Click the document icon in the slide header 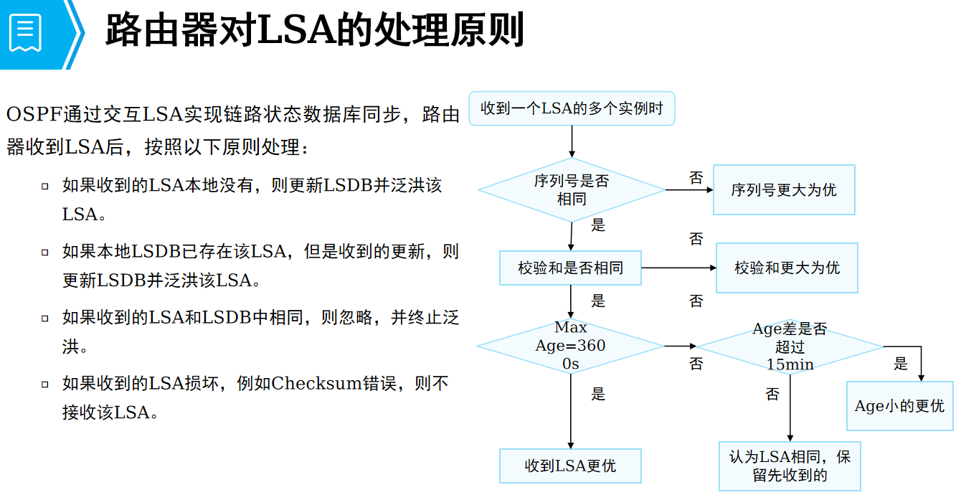point(26,32)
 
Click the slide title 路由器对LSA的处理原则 point(314,31)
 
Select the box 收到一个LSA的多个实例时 point(572,109)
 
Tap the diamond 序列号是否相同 point(572,190)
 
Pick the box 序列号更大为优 point(784,190)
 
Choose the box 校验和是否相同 point(570,268)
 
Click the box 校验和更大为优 point(787,268)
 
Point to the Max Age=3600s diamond point(570,346)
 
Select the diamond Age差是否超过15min point(790,346)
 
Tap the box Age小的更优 point(899,406)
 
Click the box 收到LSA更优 point(570,466)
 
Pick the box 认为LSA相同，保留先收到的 point(790,466)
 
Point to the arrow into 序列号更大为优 point(688,190)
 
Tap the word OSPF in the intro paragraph point(34,115)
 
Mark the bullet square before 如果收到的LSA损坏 point(45,384)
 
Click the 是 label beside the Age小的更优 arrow point(901,364)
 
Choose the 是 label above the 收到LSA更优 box point(598,394)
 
